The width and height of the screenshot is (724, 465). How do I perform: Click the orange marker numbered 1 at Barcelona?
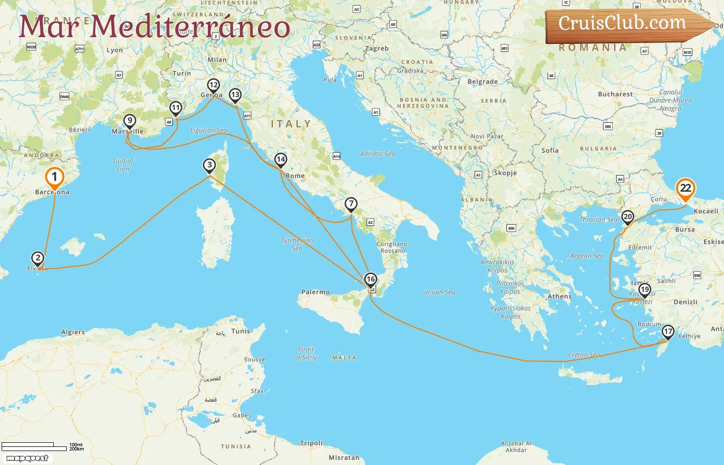tap(54, 178)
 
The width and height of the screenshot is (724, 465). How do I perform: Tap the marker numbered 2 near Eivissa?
tap(37, 258)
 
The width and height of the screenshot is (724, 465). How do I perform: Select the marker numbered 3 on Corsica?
tap(209, 165)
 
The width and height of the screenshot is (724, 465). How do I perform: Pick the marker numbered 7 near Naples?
tap(351, 204)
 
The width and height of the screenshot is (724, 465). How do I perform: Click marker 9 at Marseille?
tap(130, 121)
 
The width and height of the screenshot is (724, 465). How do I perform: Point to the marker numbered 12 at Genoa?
tap(213, 85)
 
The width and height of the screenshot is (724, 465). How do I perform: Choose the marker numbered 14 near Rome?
tap(280, 159)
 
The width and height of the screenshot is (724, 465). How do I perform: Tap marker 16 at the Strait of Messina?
tap(370, 280)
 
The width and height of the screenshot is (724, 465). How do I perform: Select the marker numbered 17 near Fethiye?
tap(668, 332)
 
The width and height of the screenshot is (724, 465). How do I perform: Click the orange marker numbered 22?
tap(685, 189)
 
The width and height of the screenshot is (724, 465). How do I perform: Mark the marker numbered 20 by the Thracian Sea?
tap(627, 217)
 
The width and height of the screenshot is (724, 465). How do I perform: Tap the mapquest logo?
tap(27, 458)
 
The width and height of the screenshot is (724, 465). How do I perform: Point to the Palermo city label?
tap(315, 292)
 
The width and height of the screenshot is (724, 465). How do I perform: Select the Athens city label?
tap(560, 297)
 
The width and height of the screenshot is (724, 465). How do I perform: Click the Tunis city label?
tap(240, 331)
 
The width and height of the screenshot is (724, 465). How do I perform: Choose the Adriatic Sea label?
tap(378, 153)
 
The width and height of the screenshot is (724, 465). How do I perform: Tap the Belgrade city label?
tap(482, 82)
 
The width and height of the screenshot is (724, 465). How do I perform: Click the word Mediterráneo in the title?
tap(190, 27)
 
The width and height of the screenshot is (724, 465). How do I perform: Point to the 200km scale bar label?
tap(77, 449)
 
